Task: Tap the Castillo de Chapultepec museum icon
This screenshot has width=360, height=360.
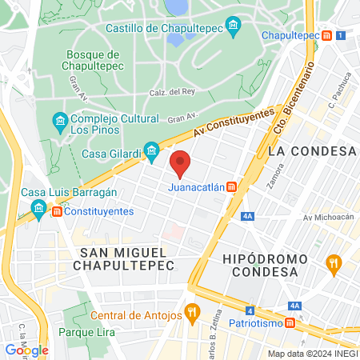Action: coord(233,26)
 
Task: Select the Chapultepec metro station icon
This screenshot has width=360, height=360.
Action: coord(327,36)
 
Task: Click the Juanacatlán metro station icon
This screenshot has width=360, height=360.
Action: coord(231,188)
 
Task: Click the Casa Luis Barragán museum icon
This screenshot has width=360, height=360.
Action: coord(38,210)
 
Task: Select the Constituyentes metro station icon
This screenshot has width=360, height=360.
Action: coord(57,211)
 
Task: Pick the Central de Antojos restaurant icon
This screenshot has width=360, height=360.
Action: coord(190,311)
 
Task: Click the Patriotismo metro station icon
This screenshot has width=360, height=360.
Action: coord(292,322)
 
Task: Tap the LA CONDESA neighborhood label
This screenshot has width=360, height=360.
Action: coord(312,150)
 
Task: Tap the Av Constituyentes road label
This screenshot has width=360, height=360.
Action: coord(234,121)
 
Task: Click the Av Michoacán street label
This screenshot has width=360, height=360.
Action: coord(328,218)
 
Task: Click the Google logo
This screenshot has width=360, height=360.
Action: coord(26,350)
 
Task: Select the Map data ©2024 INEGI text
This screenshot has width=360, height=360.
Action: coord(312,354)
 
